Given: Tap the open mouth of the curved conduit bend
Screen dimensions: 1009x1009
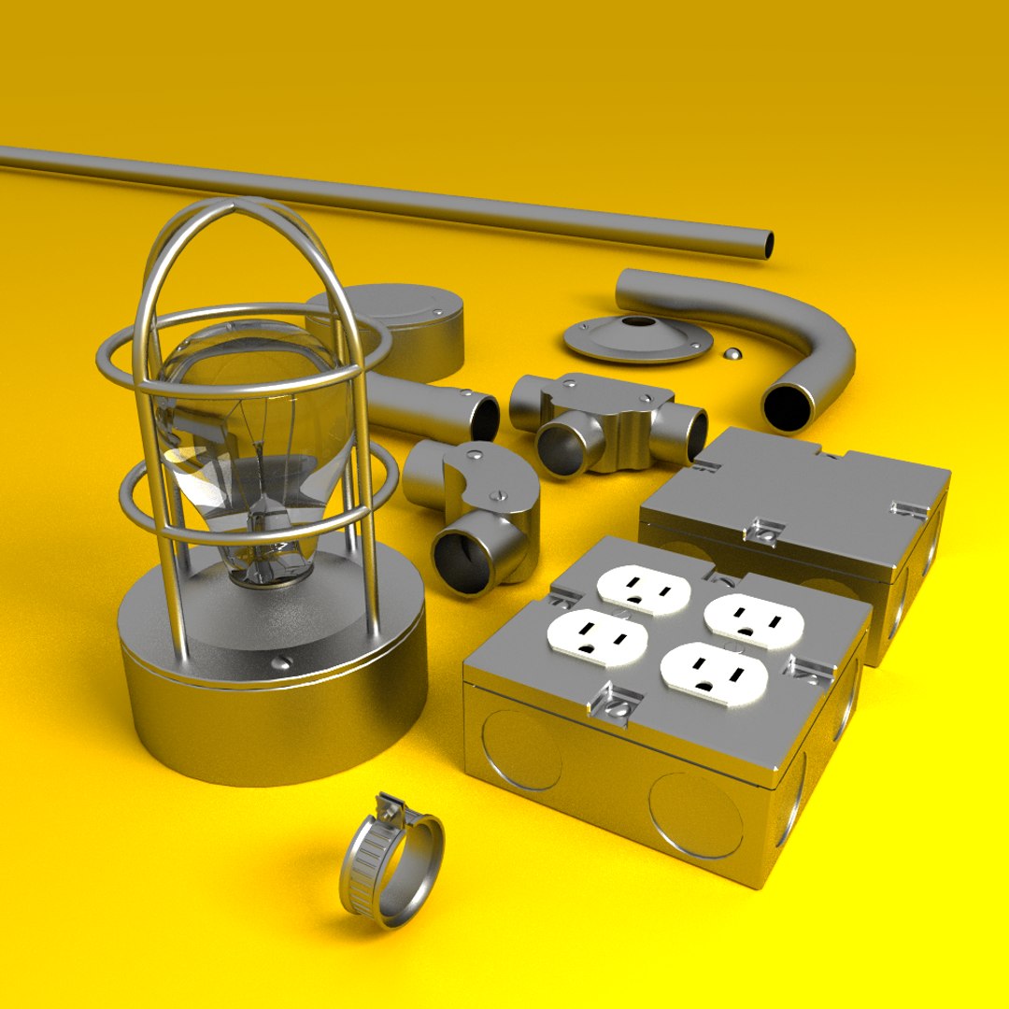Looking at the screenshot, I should click(788, 407).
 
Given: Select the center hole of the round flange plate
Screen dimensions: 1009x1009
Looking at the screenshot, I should click(638, 322).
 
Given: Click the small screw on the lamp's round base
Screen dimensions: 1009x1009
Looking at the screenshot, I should click(277, 664).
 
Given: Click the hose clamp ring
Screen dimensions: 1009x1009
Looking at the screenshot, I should click(392, 869).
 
